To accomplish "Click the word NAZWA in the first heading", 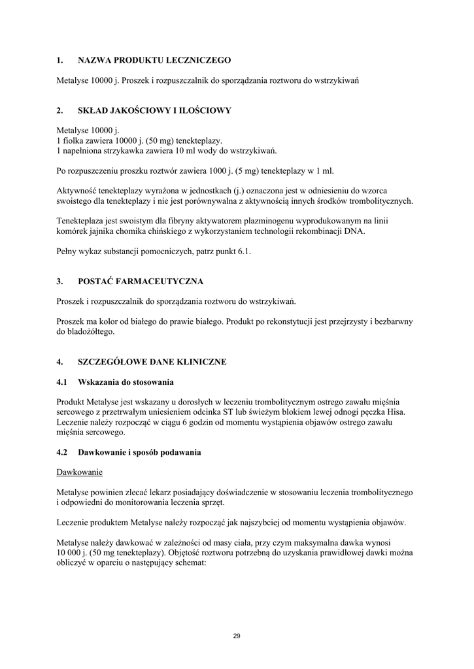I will (94, 60).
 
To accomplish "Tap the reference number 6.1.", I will (243, 252).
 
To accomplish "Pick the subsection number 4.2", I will (62, 452).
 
